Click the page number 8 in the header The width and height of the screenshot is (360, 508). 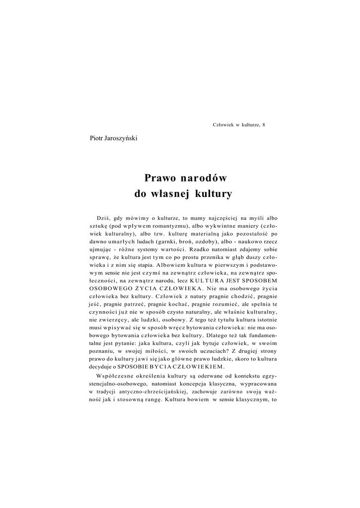[x=264, y=125]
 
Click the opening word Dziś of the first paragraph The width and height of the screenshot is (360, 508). [x=103, y=218]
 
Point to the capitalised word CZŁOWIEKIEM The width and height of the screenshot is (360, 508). [x=201, y=367]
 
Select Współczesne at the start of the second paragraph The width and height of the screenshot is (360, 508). [x=115, y=377]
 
